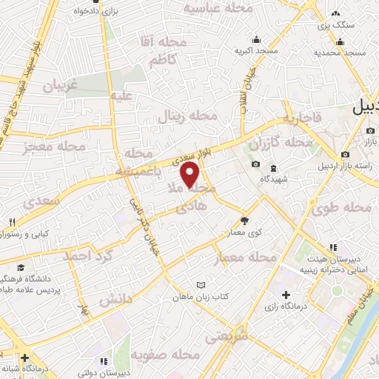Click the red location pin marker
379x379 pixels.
pos(190,175)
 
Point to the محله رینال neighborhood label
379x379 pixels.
pos(189,116)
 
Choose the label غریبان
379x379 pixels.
pos(61,85)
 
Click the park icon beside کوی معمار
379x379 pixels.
pos(245,220)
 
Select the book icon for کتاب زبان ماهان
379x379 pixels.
pos(200,285)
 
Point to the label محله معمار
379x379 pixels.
pos(245,258)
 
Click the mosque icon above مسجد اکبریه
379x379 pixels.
pos(256,40)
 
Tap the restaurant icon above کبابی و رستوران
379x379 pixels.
pos(13,222)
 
